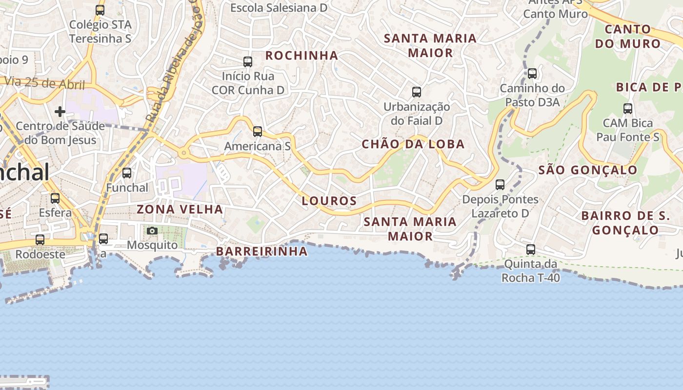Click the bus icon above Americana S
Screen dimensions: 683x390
257,131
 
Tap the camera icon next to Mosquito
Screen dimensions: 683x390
152,231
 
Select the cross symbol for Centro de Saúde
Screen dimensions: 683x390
60,112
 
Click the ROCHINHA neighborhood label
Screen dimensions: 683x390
301,56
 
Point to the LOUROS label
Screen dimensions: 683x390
329,200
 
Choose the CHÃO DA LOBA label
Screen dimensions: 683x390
413,144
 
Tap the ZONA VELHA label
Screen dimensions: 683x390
180,209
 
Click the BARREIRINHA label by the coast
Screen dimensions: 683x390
261,251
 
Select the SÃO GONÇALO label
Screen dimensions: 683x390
587,170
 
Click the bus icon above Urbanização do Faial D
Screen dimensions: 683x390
416,92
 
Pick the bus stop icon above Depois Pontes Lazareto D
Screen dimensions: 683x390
500,184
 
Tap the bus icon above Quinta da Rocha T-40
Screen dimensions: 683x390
531,249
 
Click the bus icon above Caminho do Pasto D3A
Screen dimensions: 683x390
532,73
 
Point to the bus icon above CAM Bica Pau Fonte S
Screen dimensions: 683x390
628,108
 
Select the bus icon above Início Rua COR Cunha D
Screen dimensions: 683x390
248,61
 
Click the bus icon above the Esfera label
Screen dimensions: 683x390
55,198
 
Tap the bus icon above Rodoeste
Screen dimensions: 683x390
40,239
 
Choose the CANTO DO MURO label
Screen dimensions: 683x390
627,36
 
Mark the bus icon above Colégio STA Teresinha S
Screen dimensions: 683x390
100,10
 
